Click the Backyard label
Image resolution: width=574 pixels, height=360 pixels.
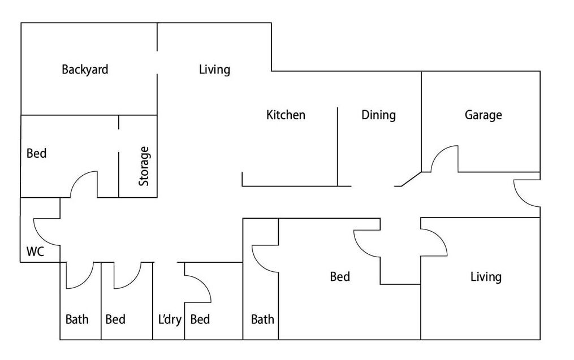85,70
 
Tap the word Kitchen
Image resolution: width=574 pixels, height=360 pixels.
286,115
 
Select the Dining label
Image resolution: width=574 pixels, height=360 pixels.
378,115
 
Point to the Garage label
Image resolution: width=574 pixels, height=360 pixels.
483,115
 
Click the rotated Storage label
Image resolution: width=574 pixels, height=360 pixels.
144,166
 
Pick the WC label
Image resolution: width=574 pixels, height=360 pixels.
35,251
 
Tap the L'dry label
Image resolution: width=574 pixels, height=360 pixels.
170,319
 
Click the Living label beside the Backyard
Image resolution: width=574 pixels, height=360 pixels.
214,70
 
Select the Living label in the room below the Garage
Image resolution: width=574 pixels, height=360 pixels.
486,276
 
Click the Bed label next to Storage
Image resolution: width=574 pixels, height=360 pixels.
37,153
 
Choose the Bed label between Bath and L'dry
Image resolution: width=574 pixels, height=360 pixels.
115,319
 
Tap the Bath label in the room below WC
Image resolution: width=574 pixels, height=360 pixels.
77,319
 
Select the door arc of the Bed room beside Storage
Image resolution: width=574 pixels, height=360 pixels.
77,178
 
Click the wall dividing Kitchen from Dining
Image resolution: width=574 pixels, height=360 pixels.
338,147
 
